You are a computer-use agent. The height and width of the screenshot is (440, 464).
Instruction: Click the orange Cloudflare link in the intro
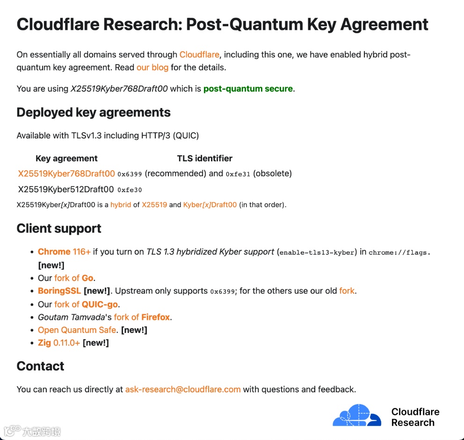(199, 55)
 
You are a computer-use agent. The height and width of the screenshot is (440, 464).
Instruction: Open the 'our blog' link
(152, 67)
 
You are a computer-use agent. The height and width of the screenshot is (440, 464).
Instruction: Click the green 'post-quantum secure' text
(248, 89)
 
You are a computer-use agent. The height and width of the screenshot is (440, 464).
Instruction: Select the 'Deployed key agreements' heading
(94, 113)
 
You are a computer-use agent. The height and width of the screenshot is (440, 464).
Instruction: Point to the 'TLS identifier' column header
(204, 159)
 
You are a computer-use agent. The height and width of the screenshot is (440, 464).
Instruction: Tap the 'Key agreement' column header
(66, 159)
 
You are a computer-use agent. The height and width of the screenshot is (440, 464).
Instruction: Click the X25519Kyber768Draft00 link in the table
(66, 174)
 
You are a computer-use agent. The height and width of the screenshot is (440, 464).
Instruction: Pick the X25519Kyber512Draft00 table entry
(66, 189)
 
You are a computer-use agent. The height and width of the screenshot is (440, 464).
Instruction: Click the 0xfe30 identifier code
(130, 190)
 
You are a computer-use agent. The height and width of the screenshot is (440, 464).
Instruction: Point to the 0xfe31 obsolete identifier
(238, 174)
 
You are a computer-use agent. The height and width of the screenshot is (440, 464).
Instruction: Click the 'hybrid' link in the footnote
(121, 205)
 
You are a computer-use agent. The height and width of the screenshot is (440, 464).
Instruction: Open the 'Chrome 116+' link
(64, 252)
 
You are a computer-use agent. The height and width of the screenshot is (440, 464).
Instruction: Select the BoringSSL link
(59, 291)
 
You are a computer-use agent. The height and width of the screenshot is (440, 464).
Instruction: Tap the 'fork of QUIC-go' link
(86, 304)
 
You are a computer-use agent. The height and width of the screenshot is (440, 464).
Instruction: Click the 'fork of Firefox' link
(142, 317)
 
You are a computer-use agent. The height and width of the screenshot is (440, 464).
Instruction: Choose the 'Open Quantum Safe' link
(77, 330)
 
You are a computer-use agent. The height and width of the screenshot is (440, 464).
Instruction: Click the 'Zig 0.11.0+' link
(59, 343)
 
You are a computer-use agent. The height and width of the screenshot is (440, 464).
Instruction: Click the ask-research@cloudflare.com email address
(183, 389)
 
